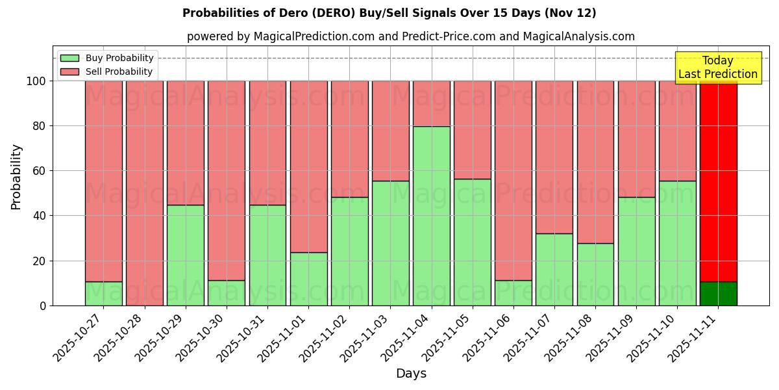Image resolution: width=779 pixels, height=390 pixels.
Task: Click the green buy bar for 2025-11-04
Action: pos(432,216)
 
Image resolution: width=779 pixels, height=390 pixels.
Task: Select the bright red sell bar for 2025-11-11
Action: pos(718,181)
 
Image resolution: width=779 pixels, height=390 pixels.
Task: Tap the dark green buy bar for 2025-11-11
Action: pos(718,294)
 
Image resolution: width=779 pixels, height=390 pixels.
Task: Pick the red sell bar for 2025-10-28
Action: pos(144,193)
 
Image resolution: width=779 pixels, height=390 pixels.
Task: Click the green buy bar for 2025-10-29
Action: pos(185,255)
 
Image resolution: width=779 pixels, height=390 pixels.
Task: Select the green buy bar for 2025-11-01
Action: pos(308,279)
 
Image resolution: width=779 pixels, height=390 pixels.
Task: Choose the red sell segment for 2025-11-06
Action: pos(513,181)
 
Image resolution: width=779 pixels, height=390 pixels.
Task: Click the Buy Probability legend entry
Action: pos(107,58)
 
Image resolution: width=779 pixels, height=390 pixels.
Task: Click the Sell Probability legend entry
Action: pos(107,71)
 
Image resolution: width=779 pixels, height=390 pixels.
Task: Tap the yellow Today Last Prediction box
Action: pos(717,68)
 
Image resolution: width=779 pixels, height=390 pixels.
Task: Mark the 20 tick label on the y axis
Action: pos(40,261)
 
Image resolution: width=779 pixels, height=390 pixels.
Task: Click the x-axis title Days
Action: pos(411,374)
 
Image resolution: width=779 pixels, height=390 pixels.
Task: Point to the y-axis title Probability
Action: pos(16,177)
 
